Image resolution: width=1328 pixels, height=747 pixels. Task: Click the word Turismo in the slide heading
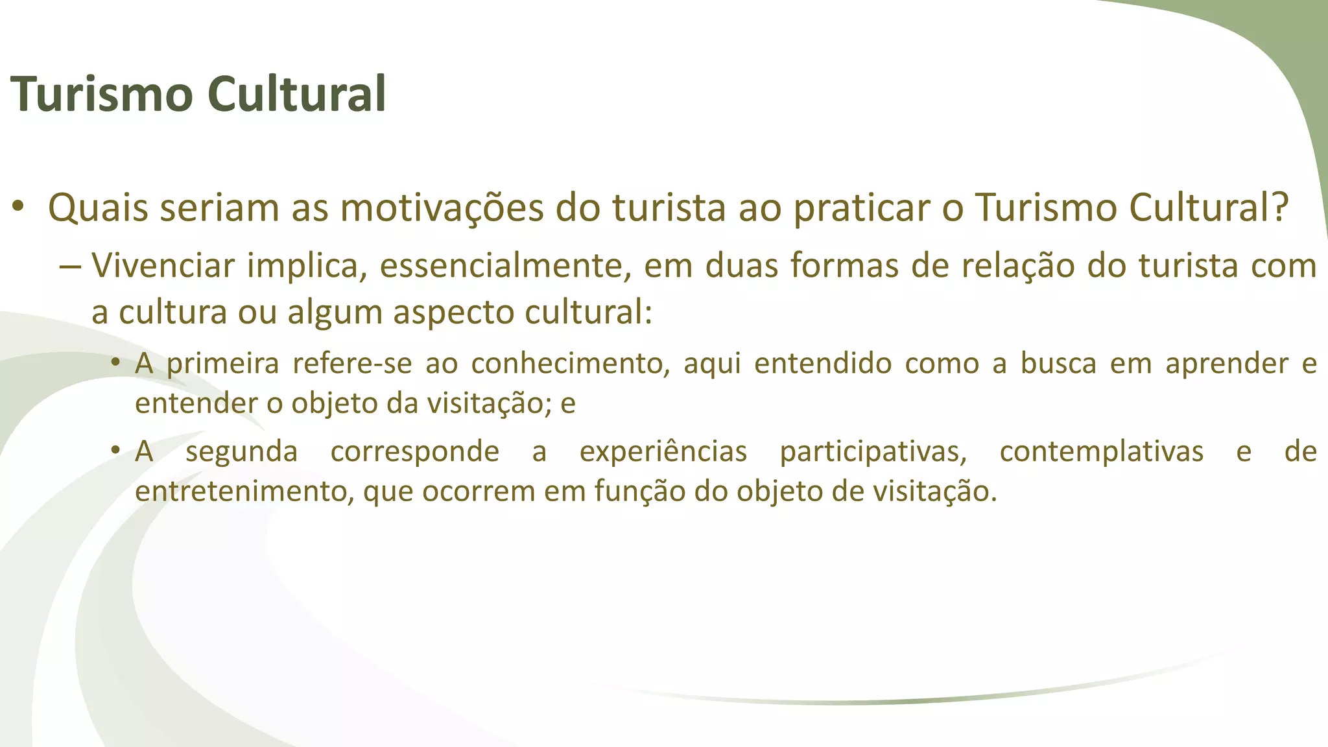(102, 95)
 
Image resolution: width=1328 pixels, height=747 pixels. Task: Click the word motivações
(442, 208)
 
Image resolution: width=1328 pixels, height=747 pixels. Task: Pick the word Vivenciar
(163, 266)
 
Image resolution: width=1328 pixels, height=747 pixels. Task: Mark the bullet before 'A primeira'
(115, 362)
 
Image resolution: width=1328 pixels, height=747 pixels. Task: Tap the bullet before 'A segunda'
(115, 450)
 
